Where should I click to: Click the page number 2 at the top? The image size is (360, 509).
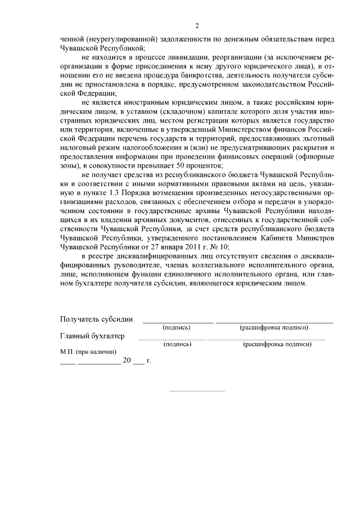[196, 26]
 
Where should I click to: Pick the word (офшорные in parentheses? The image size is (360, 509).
[315, 156]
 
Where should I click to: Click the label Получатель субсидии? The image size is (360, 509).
[96, 319]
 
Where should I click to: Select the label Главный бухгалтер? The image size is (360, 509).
[92, 336]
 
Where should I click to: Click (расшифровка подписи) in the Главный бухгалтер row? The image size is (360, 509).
[277, 344]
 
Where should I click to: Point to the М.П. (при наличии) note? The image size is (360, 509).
[88, 352]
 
